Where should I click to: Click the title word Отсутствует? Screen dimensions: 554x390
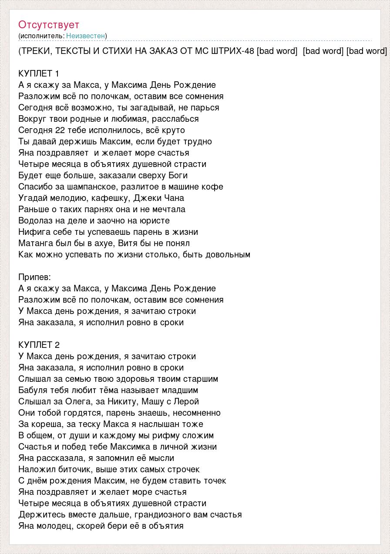point(49,24)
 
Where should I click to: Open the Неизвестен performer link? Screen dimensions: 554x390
point(86,36)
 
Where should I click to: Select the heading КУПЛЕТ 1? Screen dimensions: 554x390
point(39,73)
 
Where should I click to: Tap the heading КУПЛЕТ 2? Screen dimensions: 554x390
point(39,345)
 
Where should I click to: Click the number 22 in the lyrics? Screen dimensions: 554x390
point(60,130)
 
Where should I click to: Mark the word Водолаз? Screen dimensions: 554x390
point(36,220)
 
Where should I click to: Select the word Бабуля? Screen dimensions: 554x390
point(34,390)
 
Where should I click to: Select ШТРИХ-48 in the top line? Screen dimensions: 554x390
point(232,51)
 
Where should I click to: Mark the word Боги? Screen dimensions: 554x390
point(178,175)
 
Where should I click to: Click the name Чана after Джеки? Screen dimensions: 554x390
point(174,198)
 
